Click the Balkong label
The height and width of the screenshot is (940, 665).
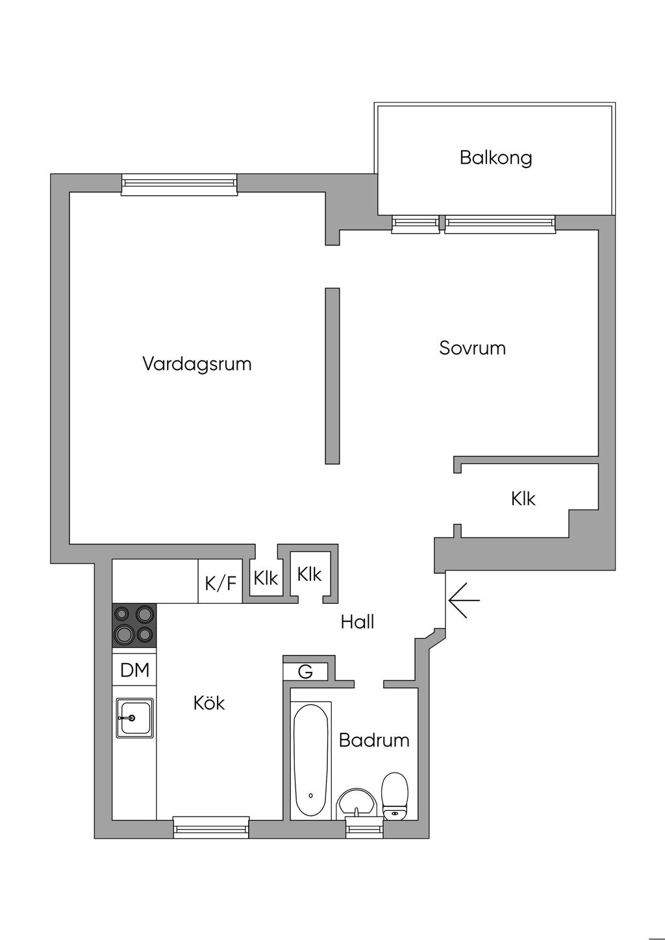click(x=496, y=158)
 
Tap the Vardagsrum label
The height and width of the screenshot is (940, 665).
click(x=197, y=364)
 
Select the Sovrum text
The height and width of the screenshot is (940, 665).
click(x=472, y=348)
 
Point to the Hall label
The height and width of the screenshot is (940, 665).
click(x=357, y=623)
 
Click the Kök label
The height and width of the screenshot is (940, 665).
click(x=209, y=702)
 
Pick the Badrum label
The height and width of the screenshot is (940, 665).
click(x=374, y=740)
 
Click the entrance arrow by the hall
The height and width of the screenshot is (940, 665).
click(x=464, y=600)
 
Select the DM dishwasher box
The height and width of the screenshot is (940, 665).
click(x=134, y=670)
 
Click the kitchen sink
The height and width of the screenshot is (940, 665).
click(x=134, y=718)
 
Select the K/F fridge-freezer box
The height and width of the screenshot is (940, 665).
click(x=220, y=582)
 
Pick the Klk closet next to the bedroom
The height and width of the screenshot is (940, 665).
click(x=523, y=499)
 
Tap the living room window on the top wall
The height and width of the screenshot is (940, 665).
click(x=179, y=184)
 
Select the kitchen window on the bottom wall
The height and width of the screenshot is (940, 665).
click(x=211, y=827)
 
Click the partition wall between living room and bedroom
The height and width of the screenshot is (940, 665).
click(x=332, y=377)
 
